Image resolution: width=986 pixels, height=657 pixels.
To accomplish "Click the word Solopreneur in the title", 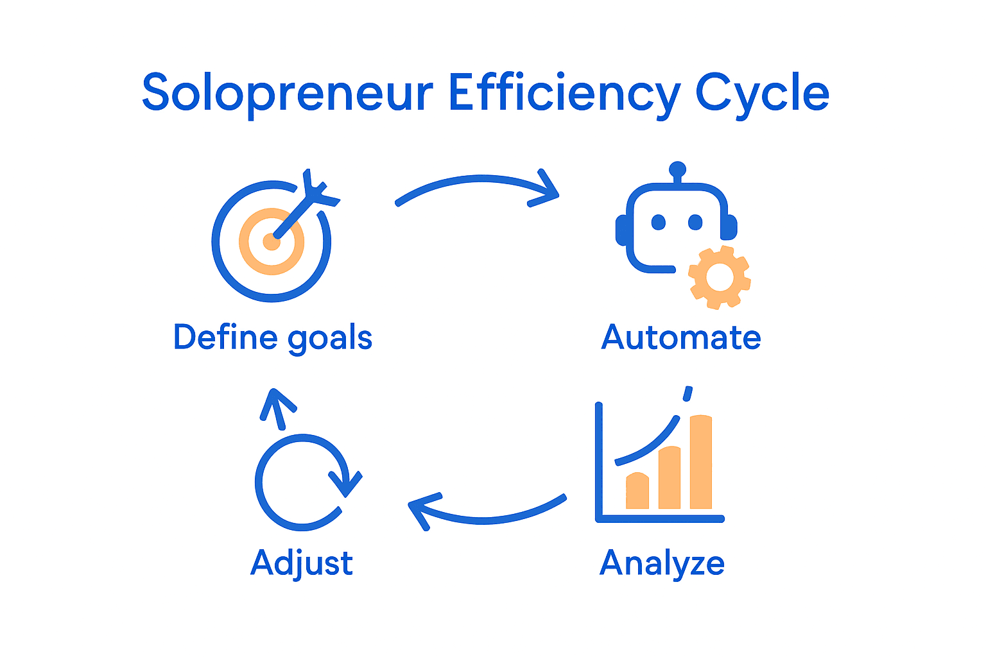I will point(287,94).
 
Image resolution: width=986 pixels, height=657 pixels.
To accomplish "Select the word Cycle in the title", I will point(762,94).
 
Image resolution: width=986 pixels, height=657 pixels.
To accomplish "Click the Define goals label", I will point(273,337).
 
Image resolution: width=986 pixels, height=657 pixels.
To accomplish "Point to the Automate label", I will point(681,337).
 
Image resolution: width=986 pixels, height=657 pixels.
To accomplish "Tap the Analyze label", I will point(662,563).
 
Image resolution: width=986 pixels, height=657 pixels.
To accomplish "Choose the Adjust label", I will point(302,563).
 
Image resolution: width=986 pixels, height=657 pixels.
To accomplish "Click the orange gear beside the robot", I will point(719,277).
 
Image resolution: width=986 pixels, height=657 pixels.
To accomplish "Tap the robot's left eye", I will point(658,222).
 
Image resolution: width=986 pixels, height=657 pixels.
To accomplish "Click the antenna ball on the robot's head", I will point(677,170).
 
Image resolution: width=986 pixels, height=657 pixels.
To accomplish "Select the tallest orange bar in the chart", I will point(701,462).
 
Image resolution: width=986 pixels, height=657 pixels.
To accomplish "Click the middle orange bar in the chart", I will point(670,477).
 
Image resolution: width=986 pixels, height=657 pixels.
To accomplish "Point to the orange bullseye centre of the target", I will point(271,242).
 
